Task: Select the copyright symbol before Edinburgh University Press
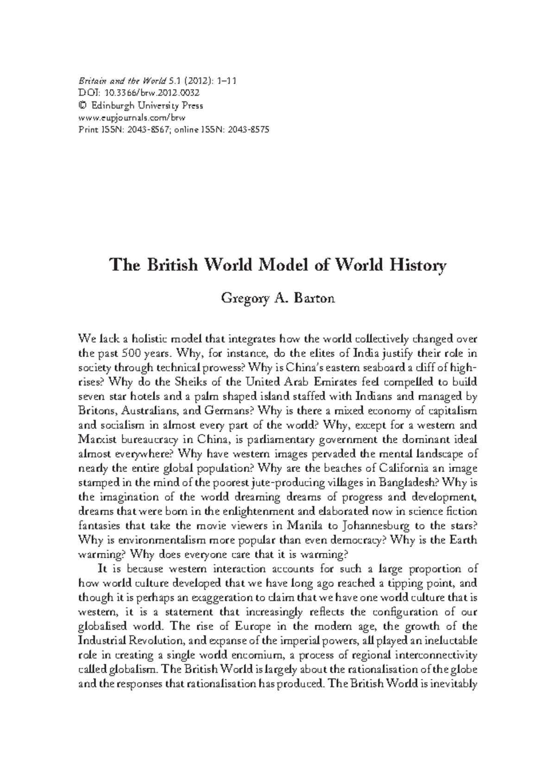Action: point(83,106)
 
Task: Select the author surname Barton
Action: point(315,299)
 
